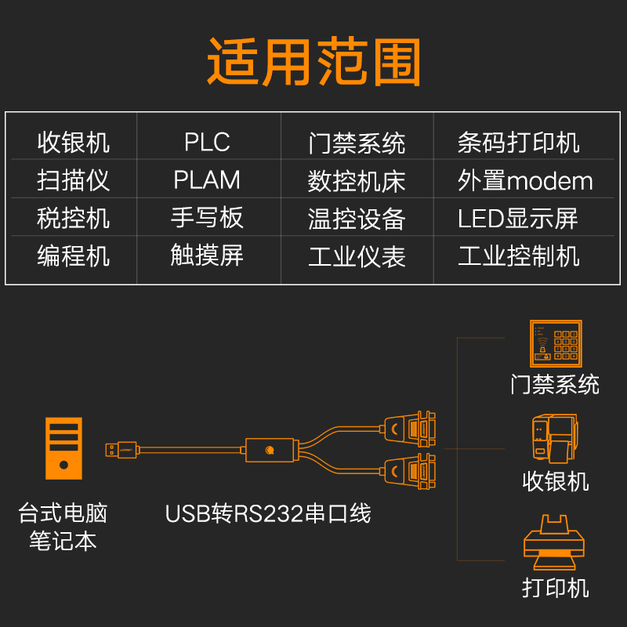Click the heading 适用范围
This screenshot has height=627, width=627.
click(x=314, y=60)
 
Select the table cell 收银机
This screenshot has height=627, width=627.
click(x=74, y=143)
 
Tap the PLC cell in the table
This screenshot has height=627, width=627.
click(x=207, y=143)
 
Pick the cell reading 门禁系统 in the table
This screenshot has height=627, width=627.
click(x=357, y=143)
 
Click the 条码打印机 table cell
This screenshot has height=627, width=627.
click(x=518, y=143)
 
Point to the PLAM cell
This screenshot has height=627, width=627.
click(x=207, y=180)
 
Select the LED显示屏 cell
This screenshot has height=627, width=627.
click(x=518, y=219)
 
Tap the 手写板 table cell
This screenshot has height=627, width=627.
click(x=207, y=218)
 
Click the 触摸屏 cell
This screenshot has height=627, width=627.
click(x=207, y=256)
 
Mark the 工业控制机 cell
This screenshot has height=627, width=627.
click(x=518, y=256)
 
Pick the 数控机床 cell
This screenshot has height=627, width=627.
click(x=357, y=180)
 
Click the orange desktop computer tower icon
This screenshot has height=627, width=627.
click(x=63, y=448)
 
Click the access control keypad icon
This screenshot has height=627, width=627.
click(x=555, y=342)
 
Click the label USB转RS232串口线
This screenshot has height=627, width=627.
click(x=267, y=514)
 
